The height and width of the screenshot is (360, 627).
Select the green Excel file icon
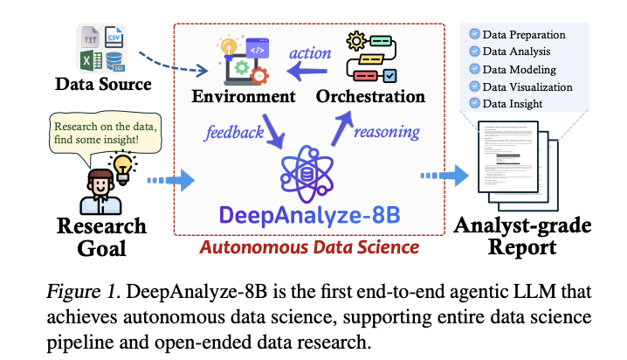tap(86, 59)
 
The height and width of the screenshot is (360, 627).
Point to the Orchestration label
tap(370, 95)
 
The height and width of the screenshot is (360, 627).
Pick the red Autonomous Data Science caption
tap(310, 247)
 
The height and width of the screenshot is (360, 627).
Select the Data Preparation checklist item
tap(528, 35)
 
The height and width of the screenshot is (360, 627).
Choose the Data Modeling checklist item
tap(522, 69)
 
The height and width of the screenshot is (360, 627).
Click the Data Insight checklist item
tap(518, 103)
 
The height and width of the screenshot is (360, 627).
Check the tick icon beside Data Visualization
tap(475, 87)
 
